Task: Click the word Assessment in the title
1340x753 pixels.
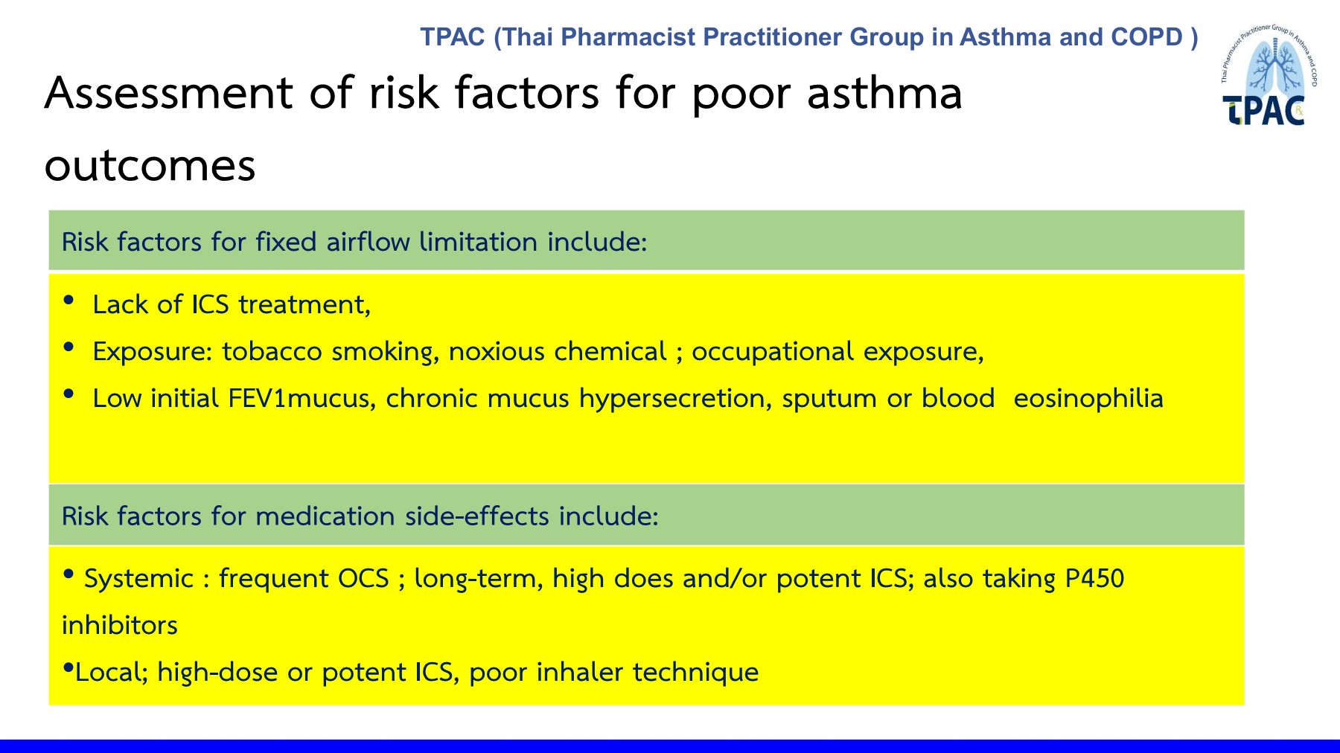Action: coord(169,93)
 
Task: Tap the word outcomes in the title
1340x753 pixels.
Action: coord(150,166)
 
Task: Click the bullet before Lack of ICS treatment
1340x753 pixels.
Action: coord(69,300)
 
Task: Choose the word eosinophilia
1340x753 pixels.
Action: coord(1088,399)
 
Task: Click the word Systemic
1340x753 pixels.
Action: coord(138,579)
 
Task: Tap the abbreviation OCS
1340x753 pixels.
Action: coord(364,578)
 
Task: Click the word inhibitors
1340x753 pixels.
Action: coord(120,625)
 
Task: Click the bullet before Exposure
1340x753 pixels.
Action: coord(69,347)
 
